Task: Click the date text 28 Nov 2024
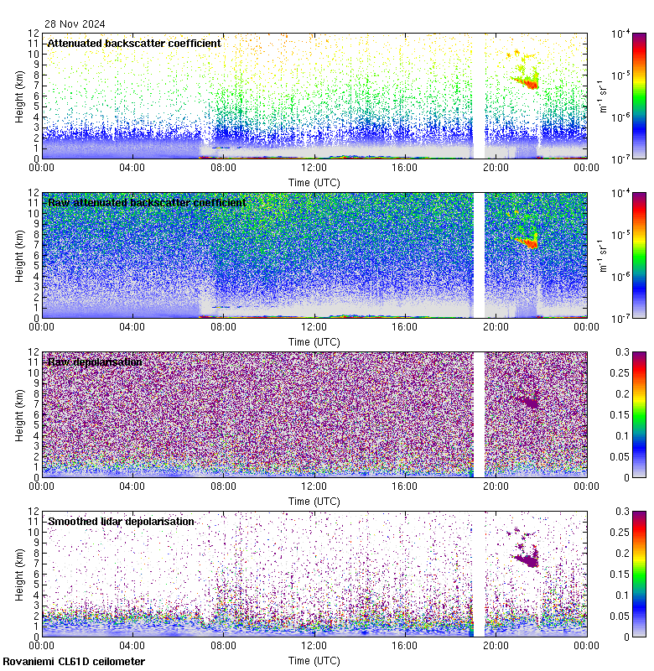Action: point(75,24)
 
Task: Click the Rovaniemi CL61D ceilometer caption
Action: point(73,662)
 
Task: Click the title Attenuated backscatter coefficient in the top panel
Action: point(134,43)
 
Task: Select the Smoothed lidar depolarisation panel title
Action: point(121,522)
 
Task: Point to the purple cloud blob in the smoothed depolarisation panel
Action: point(527,556)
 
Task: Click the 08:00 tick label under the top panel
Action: point(223,167)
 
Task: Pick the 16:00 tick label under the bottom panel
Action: point(405,645)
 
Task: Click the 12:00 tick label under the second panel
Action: point(314,326)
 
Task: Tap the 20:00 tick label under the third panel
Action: point(496,486)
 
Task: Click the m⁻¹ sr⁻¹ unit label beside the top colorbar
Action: point(601,96)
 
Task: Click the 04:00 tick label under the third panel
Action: point(132,486)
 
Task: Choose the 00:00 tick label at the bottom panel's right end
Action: point(586,645)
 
